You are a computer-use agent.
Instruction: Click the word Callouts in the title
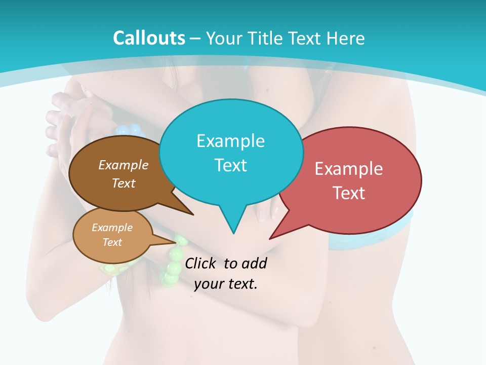pyautogui.click(x=149, y=39)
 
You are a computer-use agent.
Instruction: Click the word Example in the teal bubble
pyautogui.click(x=230, y=141)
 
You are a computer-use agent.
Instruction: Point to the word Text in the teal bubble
pyautogui.click(x=230, y=165)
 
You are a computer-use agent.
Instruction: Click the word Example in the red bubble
pyautogui.click(x=349, y=169)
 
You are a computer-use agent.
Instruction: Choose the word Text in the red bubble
pyautogui.click(x=349, y=193)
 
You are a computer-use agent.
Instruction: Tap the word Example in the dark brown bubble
pyautogui.click(x=123, y=165)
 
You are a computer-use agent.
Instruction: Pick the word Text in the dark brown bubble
pyautogui.click(x=124, y=183)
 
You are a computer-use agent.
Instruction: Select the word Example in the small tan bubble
pyautogui.click(x=112, y=228)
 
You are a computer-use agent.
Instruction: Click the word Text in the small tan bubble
pyautogui.click(x=112, y=242)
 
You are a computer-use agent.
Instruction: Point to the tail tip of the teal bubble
pyautogui.click(x=233, y=233)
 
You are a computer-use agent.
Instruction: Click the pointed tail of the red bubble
pyautogui.click(x=271, y=238)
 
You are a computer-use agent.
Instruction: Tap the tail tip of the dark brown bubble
pyautogui.click(x=192, y=214)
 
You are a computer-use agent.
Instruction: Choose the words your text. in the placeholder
pyautogui.click(x=226, y=284)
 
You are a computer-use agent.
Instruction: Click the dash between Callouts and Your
pyautogui.click(x=195, y=39)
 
